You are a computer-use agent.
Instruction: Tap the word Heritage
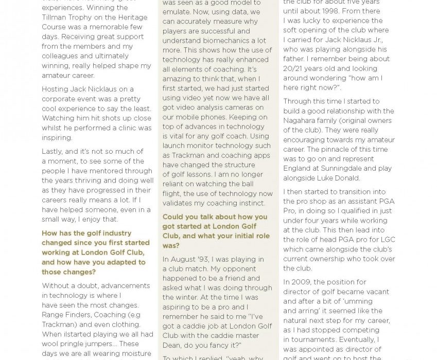(132, 17)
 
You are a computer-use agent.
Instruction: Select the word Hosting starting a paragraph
(56, 89)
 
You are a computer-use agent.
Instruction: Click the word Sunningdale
(343, 168)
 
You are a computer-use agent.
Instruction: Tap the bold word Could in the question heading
(174, 217)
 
